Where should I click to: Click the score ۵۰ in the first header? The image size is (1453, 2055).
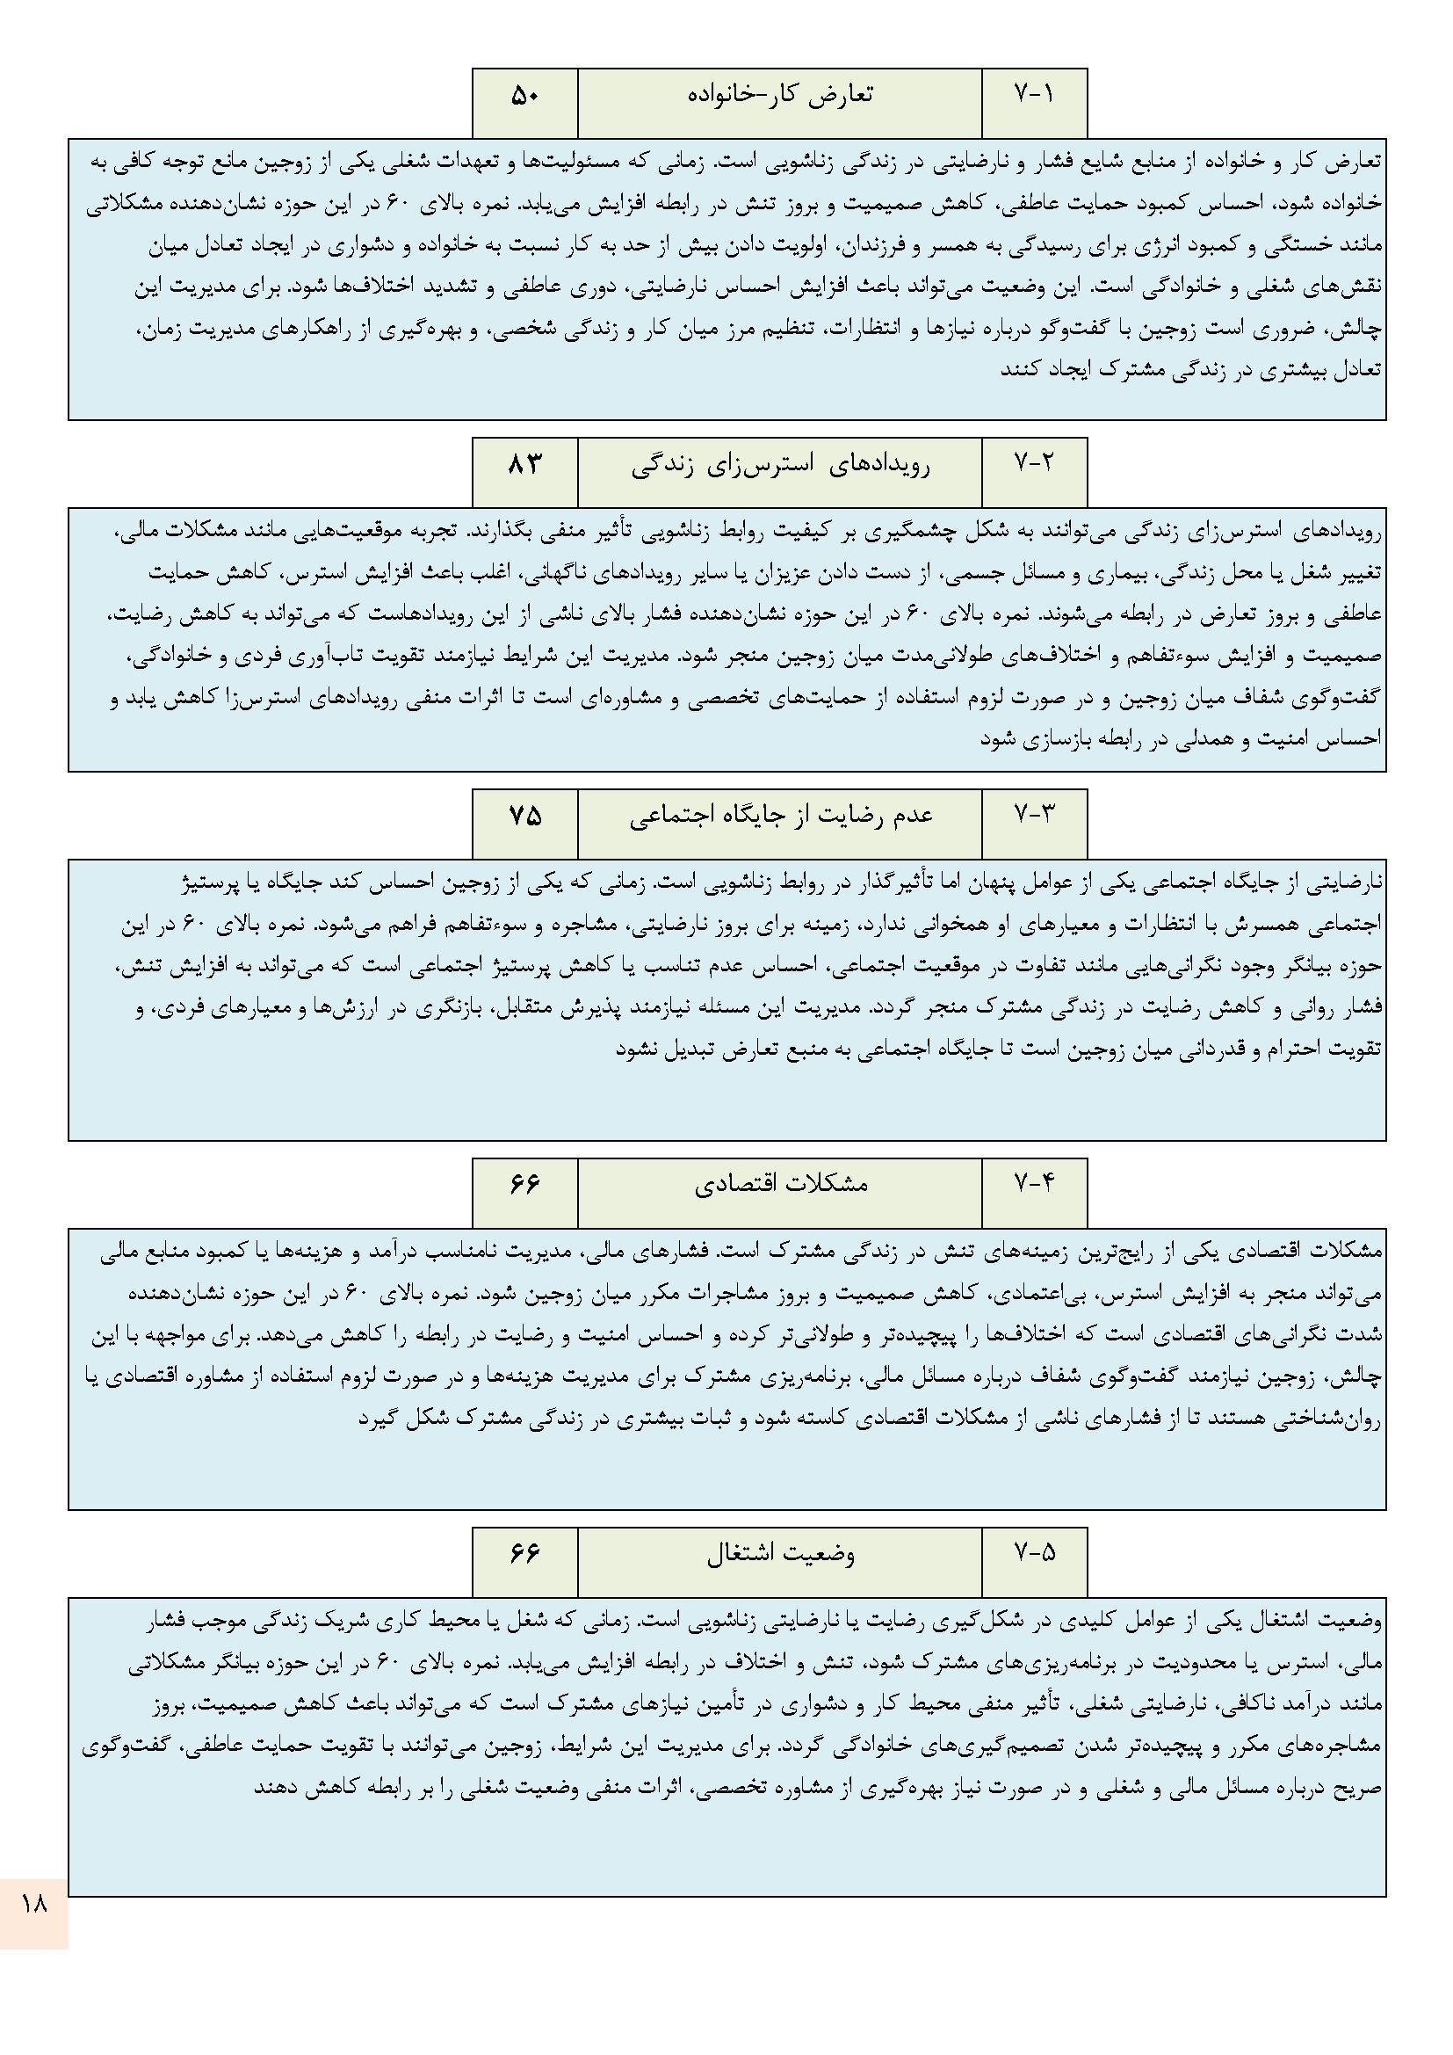(x=525, y=95)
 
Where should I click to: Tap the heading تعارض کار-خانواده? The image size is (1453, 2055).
(x=780, y=95)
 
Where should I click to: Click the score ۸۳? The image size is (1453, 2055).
(x=525, y=463)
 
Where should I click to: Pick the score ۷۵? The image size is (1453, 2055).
(x=525, y=816)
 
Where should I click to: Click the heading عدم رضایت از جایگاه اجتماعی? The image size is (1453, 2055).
(x=780, y=817)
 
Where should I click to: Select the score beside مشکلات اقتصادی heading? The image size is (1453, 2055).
(x=525, y=1184)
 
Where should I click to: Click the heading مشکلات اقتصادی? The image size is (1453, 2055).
(x=780, y=1184)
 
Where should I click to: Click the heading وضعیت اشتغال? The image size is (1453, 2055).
(x=780, y=1555)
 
